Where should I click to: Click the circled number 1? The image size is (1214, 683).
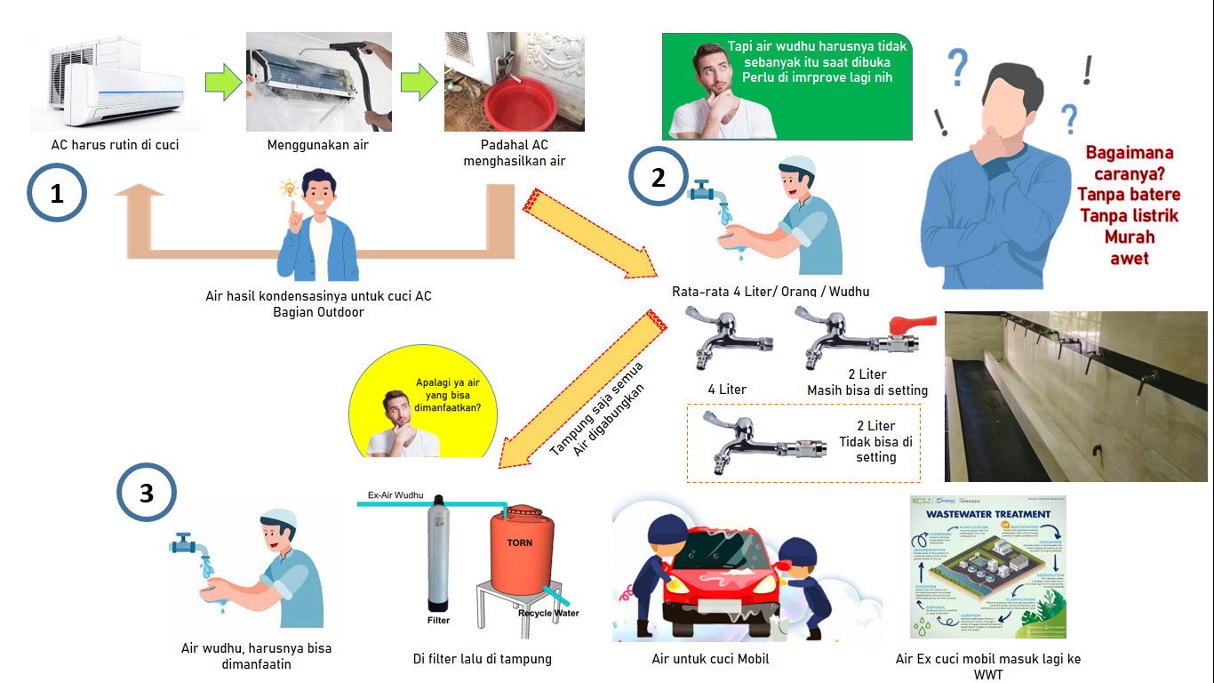[57, 192]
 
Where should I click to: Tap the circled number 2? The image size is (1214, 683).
[658, 177]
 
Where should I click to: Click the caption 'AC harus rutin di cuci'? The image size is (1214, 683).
[115, 145]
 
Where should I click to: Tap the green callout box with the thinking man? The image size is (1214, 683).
[787, 86]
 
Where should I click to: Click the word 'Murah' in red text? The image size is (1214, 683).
[1129, 237]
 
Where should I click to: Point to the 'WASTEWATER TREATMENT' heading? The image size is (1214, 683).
[988, 514]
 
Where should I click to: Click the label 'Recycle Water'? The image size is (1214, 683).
[548, 613]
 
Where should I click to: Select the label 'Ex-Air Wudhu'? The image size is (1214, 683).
[395, 494]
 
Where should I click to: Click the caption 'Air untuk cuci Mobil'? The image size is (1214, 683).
[710, 659]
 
